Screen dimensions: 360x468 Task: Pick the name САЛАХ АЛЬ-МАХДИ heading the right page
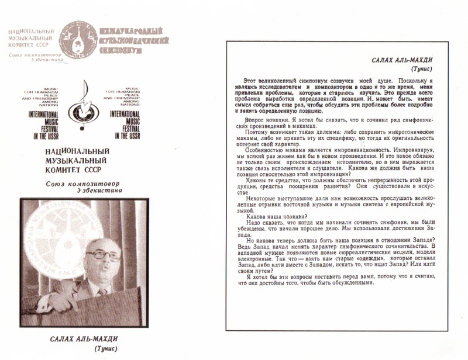click(x=409, y=61)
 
